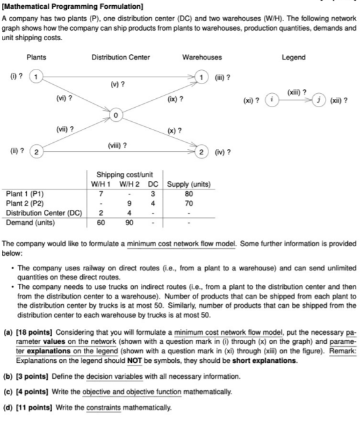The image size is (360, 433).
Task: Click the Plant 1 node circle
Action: coord(37,77)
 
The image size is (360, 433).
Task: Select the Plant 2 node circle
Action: coord(37,152)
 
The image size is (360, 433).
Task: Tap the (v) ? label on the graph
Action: coord(118,85)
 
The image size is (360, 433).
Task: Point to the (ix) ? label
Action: coord(176,99)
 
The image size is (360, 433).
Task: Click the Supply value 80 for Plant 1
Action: coord(188,193)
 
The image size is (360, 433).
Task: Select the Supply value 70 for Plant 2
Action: coord(188,203)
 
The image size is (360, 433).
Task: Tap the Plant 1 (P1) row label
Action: coord(25,193)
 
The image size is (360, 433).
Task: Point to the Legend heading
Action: coord(294,57)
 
